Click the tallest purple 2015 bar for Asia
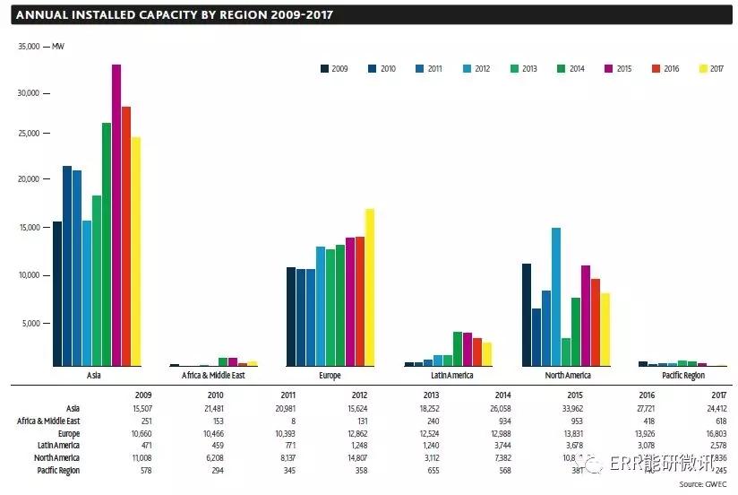pyautogui.click(x=116, y=215)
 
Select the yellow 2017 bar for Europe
pyautogui.click(x=369, y=287)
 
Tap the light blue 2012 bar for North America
pyautogui.click(x=556, y=297)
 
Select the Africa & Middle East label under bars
pyautogui.click(x=213, y=376)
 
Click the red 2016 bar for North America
pyautogui.click(x=596, y=322)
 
